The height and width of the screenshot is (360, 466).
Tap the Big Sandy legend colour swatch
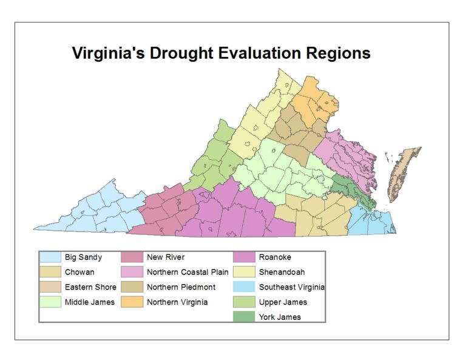click(x=50, y=257)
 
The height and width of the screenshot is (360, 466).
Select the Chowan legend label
click(x=79, y=273)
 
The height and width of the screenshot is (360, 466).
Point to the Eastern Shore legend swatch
click(x=50, y=287)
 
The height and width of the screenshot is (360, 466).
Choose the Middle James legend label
click(x=89, y=302)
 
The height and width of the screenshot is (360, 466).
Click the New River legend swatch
click(x=133, y=257)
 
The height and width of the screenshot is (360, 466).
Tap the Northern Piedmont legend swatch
click(x=133, y=287)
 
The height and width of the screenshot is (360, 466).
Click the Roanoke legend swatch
click(x=245, y=257)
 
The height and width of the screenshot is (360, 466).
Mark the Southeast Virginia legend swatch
click(x=245, y=287)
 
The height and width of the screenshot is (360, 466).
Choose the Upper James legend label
click(x=283, y=302)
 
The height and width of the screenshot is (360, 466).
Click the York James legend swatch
click(x=245, y=316)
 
